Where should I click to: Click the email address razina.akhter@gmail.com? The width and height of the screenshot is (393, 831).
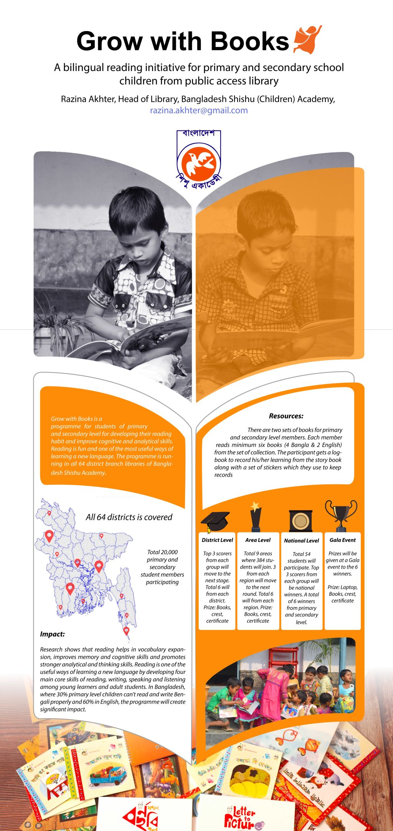coord(198,111)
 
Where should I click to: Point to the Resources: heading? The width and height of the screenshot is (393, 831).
coord(286,416)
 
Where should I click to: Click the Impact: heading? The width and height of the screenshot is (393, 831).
coord(53,634)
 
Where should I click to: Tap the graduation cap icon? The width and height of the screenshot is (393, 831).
coord(215,521)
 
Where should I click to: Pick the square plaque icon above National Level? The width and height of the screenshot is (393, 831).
coord(301,520)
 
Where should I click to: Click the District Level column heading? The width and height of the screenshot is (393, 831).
coord(217,540)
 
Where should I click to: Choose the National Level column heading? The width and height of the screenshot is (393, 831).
coord(301,540)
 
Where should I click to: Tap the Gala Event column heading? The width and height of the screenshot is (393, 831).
coord(342,540)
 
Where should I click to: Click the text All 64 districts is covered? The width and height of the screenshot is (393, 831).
coord(129,517)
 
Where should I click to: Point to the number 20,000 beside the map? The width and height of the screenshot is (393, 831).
coord(169,552)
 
